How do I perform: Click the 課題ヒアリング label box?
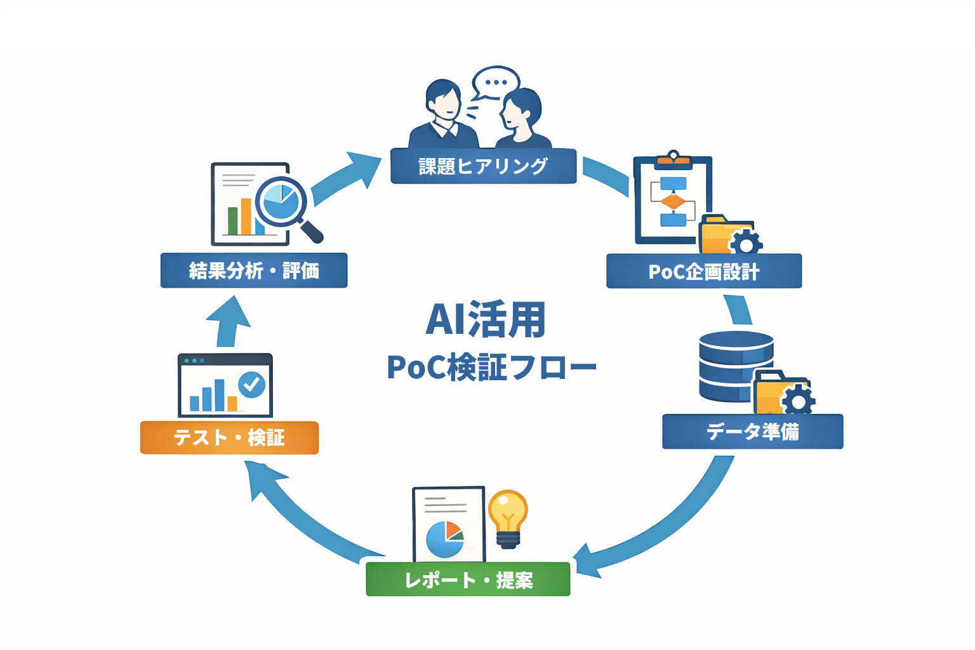point(483,166)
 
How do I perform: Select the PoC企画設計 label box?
point(703,272)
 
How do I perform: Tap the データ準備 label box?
point(752,432)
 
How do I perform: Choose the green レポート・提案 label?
point(468,580)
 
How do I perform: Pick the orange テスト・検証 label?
point(229,437)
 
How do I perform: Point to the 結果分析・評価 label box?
point(254,271)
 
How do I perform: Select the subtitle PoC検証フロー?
point(491,368)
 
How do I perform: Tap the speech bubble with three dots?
point(496,83)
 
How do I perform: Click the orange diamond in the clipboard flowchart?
point(673,202)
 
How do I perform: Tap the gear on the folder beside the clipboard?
point(746,244)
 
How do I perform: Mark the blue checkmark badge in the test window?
point(252,385)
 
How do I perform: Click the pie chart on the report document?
point(444,539)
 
